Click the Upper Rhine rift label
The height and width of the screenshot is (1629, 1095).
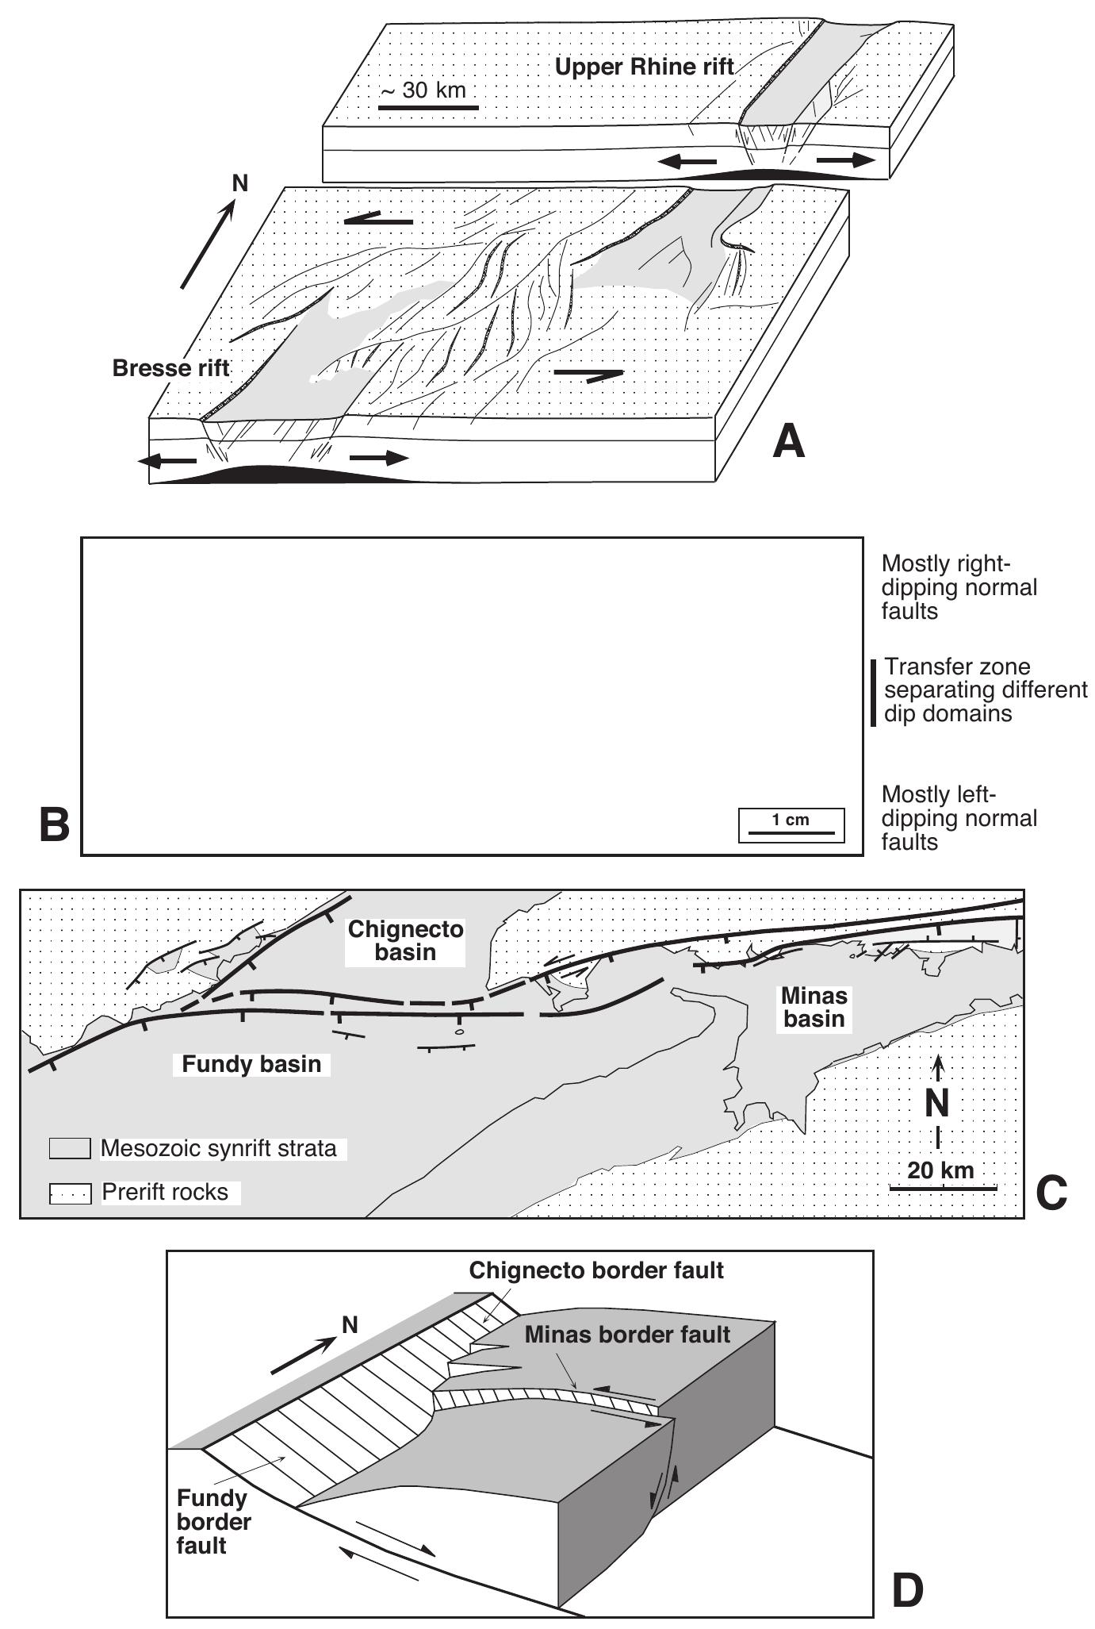pyautogui.click(x=644, y=67)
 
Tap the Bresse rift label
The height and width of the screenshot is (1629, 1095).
pyautogui.click(x=170, y=368)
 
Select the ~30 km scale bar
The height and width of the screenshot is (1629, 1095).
pyautogui.click(x=428, y=106)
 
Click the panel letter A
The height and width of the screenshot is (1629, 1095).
pyautogui.click(x=788, y=441)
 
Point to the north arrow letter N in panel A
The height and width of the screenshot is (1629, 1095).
pyautogui.click(x=239, y=184)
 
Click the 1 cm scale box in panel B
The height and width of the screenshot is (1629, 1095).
pyautogui.click(x=791, y=825)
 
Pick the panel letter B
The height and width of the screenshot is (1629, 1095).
pyautogui.click(x=55, y=825)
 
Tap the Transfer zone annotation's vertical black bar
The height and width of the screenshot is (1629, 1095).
pyautogui.click(x=873, y=692)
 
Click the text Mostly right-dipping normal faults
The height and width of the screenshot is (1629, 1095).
pyautogui.click(x=959, y=588)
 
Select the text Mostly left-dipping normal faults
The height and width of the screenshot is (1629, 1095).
pyautogui.click(x=959, y=818)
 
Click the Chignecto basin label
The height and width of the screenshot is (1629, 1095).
pyautogui.click(x=406, y=941)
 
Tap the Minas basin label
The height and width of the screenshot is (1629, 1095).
pyautogui.click(x=814, y=1007)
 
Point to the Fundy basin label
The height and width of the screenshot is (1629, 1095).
pyautogui.click(x=251, y=1064)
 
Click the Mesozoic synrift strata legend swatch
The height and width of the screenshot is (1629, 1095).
pyautogui.click(x=70, y=1149)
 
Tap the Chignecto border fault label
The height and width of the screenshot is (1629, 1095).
pyautogui.click(x=596, y=1270)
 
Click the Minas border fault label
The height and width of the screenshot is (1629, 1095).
pyautogui.click(x=626, y=1335)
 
